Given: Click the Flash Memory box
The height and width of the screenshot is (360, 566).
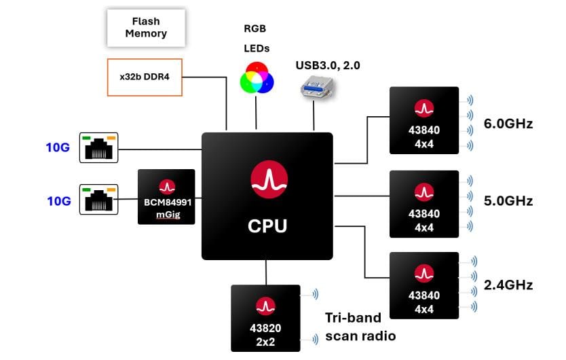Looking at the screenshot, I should (146, 27).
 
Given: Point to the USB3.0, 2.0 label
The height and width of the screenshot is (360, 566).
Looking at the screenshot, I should (327, 65).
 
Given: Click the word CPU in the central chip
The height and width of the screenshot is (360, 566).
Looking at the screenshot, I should (267, 226).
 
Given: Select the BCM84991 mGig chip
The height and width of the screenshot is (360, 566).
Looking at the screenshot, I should (166, 197).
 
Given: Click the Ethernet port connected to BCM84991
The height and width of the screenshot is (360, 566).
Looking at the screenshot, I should (99, 199).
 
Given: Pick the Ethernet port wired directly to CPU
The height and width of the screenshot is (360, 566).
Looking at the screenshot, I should (99, 147).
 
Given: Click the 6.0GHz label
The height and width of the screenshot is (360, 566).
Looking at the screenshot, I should (508, 124).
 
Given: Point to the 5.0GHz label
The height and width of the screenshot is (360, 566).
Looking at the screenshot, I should (508, 201).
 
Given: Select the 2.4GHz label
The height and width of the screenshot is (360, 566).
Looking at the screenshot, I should (508, 285).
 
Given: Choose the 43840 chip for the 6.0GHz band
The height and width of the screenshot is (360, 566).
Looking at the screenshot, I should (424, 120).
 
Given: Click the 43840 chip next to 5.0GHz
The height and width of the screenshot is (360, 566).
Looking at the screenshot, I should (424, 203).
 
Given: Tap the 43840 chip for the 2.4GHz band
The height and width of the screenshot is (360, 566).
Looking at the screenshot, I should (424, 285).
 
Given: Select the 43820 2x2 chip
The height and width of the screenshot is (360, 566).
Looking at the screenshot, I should (265, 318).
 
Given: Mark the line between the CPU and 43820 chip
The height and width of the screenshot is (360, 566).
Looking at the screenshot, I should (266, 272).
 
